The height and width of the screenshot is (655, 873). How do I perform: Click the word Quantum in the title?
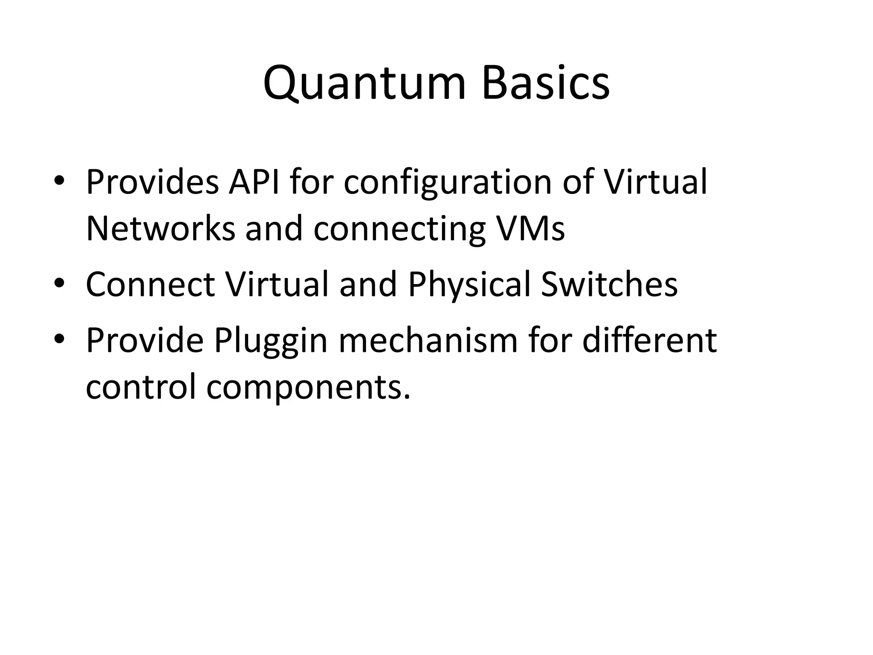(x=364, y=83)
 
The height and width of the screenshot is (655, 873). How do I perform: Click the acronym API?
(x=254, y=182)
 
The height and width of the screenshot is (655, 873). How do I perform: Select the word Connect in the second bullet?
(x=150, y=284)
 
